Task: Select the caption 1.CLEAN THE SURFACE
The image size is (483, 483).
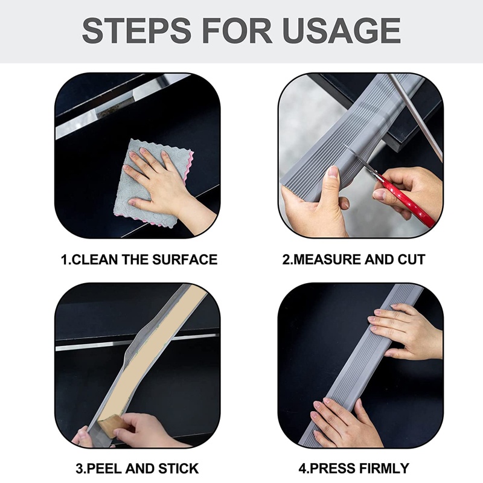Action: [x=139, y=260]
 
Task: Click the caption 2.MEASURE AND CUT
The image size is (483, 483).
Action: [x=354, y=260]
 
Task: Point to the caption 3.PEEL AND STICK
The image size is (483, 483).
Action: [x=138, y=468]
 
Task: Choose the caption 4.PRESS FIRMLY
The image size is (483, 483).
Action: [x=354, y=468]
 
